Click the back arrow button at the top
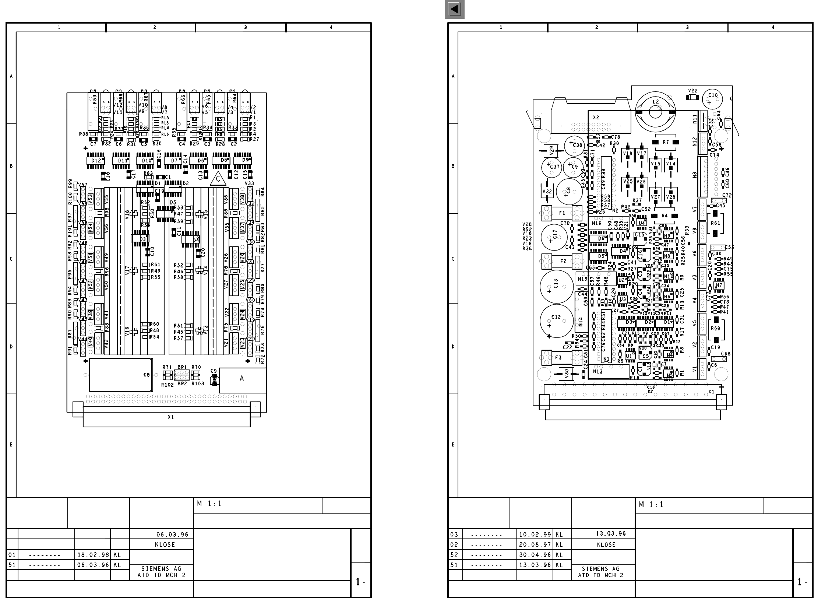click(x=454, y=9)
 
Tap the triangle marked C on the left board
click(x=218, y=179)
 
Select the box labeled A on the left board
click(x=242, y=380)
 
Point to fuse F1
click(x=562, y=213)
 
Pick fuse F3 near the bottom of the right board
click(x=558, y=357)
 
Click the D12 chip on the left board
click(x=96, y=161)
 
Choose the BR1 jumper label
click(x=182, y=367)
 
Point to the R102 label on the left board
click(x=168, y=385)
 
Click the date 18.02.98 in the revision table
click(x=93, y=555)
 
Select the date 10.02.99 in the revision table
click(x=535, y=535)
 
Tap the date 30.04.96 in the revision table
click(x=535, y=555)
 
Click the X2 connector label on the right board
click(x=596, y=118)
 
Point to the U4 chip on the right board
click(x=642, y=223)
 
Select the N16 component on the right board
click(x=596, y=223)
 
